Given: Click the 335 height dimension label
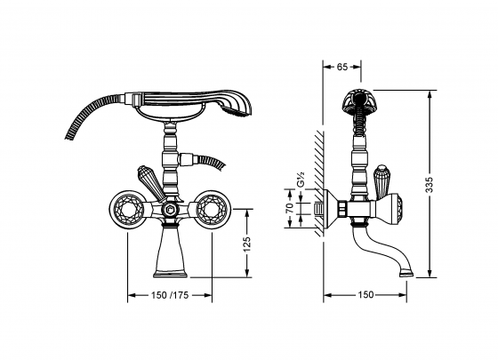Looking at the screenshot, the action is tap(429, 185).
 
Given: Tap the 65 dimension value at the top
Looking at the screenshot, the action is tap(341, 67).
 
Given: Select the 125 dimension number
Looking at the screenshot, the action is tap(247, 244).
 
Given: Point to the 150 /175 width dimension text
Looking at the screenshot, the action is tap(170, 295).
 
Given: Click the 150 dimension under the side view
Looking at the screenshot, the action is tap(365, 294).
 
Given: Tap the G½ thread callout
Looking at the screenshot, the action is tap(301, 180).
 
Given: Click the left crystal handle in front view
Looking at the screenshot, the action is tap(126, 209).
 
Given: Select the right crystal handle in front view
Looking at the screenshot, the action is tap(212, 209).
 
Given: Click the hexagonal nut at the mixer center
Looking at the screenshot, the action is tap(170, 210).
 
